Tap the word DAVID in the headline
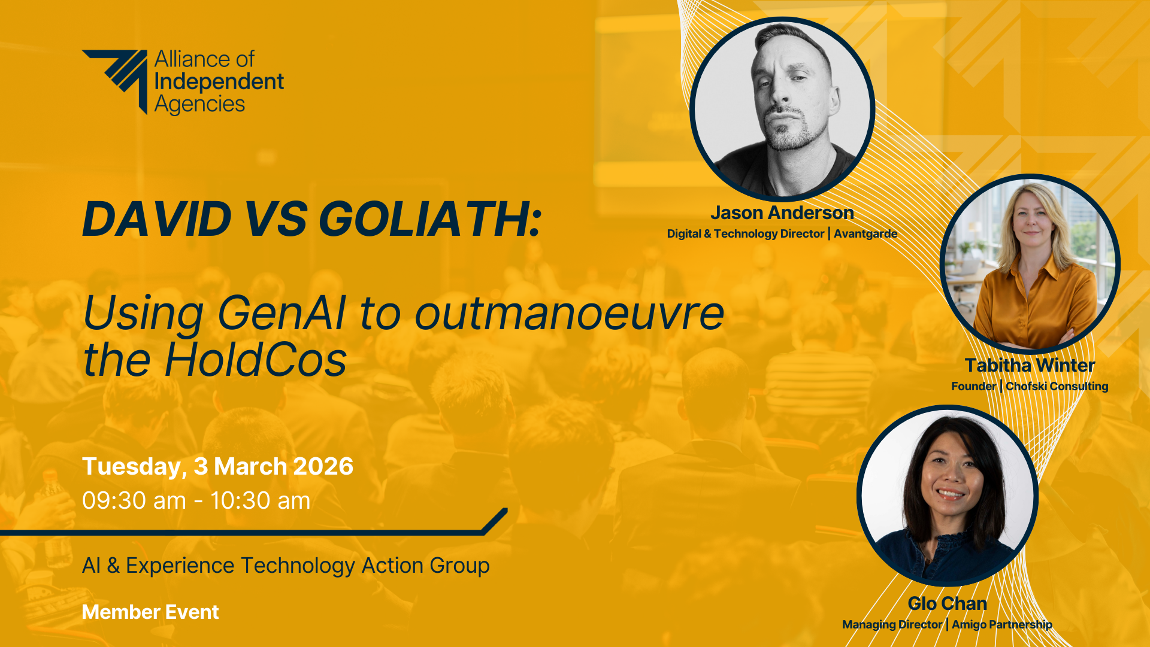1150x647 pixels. point(157,218)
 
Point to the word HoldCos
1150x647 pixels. point(256,360)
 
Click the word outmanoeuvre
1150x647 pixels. point(570,313)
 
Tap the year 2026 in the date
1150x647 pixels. point(323,466)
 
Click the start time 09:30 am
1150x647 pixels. point(134,501)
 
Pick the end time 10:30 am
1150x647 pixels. point(261,501)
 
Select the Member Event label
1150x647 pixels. point(150,612)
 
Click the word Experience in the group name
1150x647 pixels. point(180,566)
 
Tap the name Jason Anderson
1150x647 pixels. point(782,212)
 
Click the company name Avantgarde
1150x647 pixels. point(865,233)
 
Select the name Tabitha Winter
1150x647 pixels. point(1030,365)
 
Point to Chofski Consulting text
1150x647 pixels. point(1057,386)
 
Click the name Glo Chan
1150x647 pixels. point(948,603)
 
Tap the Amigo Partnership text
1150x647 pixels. point(1002,625)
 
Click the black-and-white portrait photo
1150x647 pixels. point(782,109)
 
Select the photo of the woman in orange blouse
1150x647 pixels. point(1030,263)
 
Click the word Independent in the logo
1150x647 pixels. point(219,82)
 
